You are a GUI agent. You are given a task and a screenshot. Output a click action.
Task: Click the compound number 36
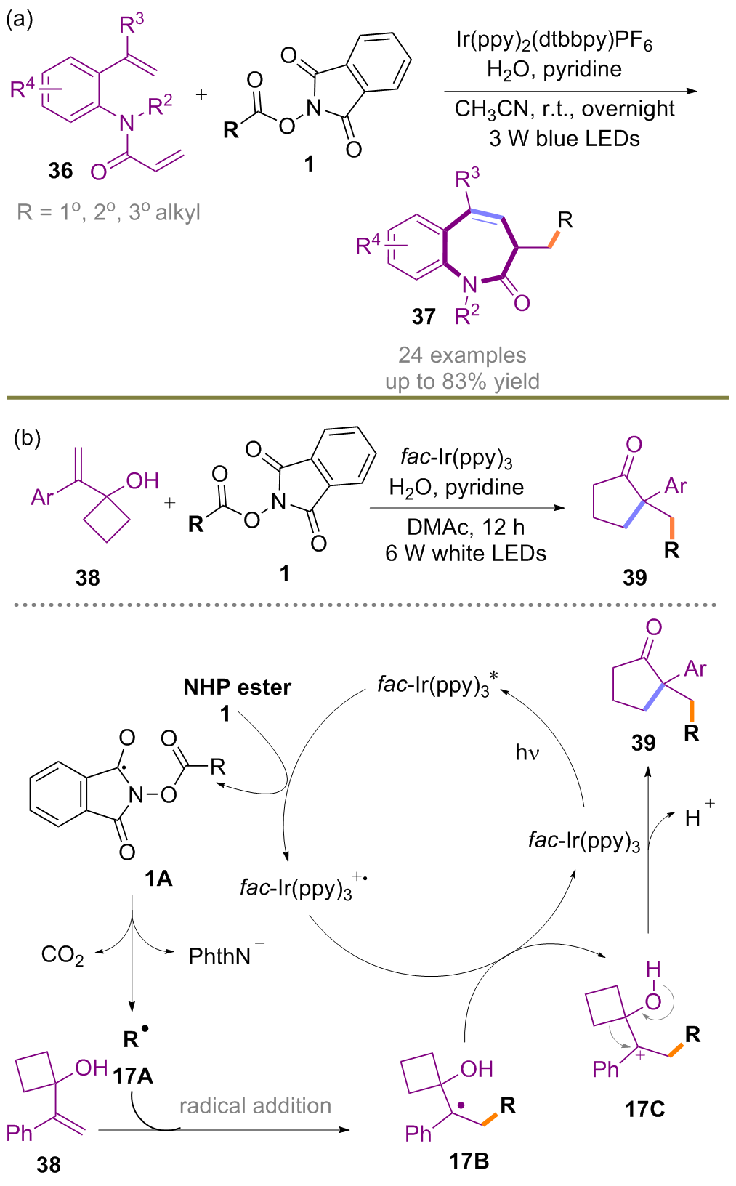[x=60, y=171]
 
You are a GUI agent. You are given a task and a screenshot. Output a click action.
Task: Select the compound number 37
[x=424, y=317]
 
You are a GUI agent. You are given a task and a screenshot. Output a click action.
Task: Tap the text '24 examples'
[x=462, y=355]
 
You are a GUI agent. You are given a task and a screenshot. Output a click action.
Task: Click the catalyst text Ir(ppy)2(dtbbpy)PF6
[x=554, y=41]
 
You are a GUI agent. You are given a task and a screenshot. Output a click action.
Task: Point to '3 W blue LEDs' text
[x=565, y=138]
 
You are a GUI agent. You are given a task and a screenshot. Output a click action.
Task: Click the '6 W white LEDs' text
[x=466, y=553]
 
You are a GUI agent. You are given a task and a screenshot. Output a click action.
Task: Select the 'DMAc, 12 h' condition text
[x=466, y=527]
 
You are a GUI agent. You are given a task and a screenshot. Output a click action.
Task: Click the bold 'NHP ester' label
[x=237, y=687]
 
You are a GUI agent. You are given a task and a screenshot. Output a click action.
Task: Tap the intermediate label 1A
[x=158, y=879]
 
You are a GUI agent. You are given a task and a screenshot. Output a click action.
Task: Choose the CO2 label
[x=62, y=955]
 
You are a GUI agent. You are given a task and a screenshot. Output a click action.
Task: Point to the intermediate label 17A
[x=133, y=1075]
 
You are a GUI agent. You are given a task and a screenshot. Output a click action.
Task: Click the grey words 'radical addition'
[x=255, y=1105]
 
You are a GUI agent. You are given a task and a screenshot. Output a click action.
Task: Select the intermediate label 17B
[x=469, y=1161]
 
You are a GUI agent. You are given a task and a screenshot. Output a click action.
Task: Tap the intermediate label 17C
[x=644, y=1109]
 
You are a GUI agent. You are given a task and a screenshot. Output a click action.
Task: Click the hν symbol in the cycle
[x=527, y=752]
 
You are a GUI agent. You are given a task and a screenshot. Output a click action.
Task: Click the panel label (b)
[x=28, y=437]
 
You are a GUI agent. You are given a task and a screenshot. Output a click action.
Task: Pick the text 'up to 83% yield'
[x=462, y=381]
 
